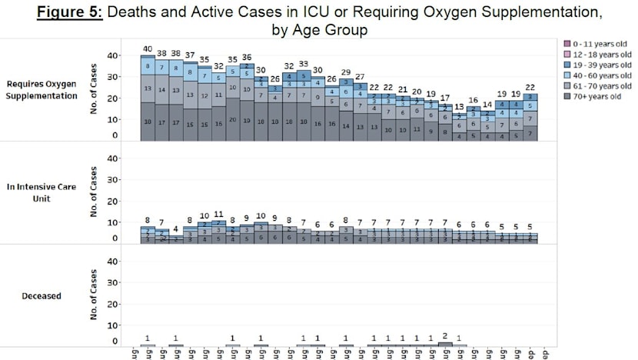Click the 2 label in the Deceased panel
[x=445, y=336]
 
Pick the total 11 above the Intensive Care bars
[x=218, y=215]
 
